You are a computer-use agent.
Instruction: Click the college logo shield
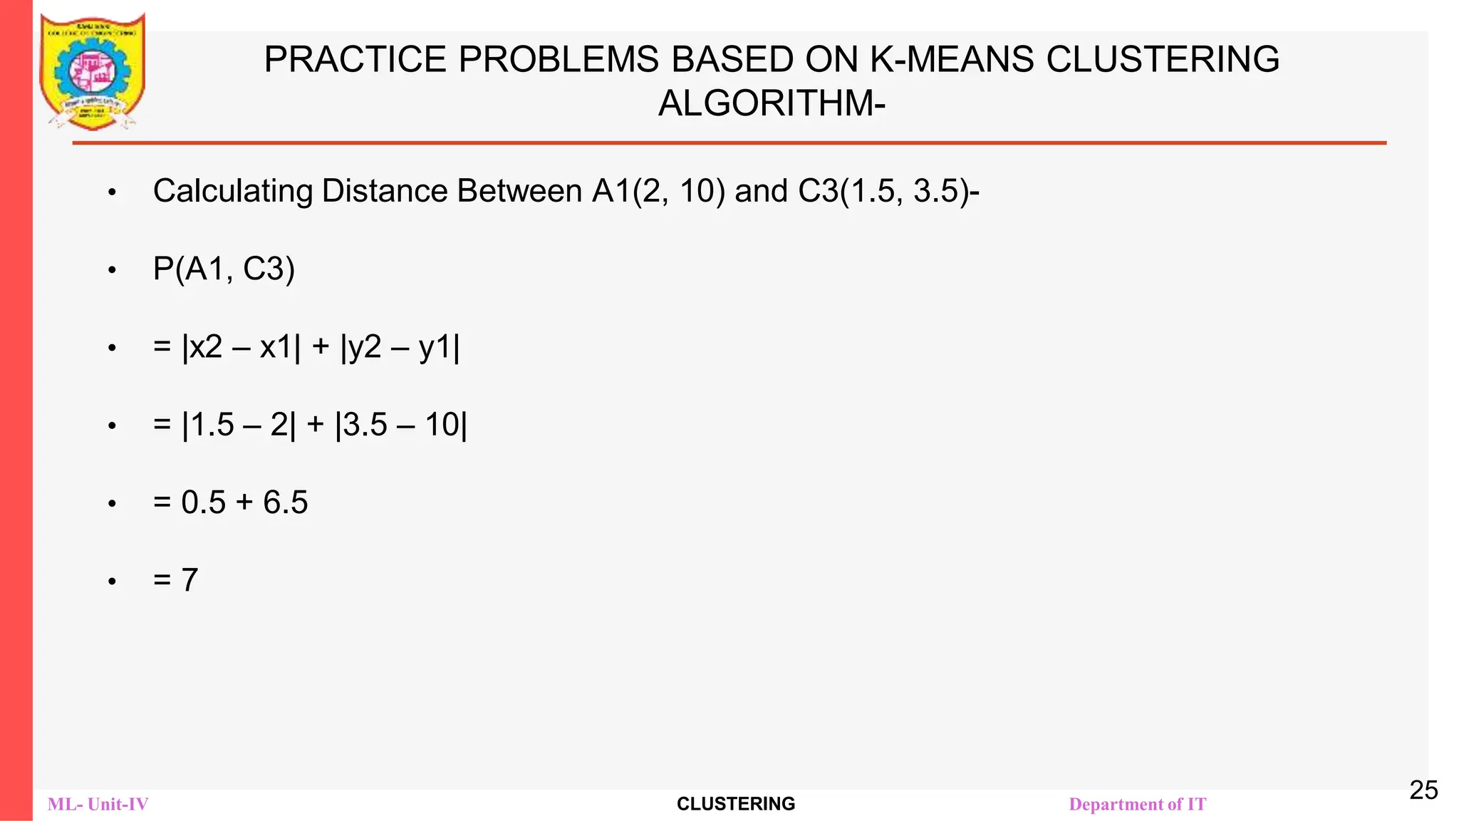point(93,71)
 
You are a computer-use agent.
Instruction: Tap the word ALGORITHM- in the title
point(772,104)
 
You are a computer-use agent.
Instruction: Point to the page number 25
point(1423,790)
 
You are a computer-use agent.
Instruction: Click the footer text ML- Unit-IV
point(98,805)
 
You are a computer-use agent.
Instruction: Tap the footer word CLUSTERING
point(736,804)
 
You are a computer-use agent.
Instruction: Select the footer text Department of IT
point(1137,805)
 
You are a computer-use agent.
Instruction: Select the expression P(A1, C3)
point(224,269)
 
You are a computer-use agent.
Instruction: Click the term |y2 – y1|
point(400,348)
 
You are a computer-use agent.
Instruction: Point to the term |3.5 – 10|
point(401,425)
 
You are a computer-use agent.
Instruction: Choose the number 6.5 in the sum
point(286,503)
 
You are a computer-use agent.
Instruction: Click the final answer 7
point(189,580)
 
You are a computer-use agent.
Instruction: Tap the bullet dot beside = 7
point(112,582)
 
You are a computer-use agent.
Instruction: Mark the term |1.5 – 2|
point(239,425)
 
